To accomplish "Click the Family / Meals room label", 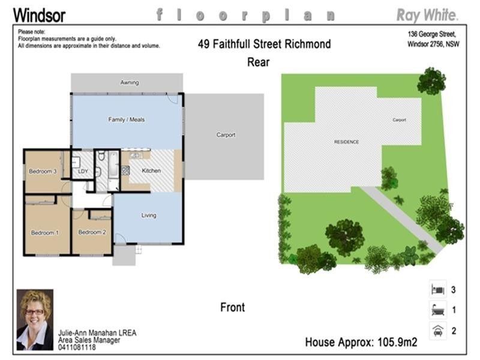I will (x=126, y=119).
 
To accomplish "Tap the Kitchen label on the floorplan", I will (x=151, y=171).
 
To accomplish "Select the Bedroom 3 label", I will (x=43, y=172).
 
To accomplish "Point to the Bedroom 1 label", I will (x=45, y=233).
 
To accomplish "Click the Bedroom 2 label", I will (x=92, y=232).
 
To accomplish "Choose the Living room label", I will (x=149, y=215).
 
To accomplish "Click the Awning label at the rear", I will (x=129, y=82).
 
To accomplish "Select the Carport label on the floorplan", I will (x=226, y=135).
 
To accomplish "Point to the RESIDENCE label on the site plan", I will (x=346, y=142).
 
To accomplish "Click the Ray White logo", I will (x=428, y=14).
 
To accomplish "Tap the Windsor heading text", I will (x=39, y=15).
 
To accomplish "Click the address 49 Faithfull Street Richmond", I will (x=264, y=44).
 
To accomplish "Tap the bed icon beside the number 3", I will (x=437, y=290).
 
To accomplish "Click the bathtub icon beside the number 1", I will (x=437, y=310).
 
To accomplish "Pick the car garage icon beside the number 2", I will (x=437, y=331).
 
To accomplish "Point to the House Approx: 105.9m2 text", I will (x=361, y=343).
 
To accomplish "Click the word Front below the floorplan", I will (x=233, y=307).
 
